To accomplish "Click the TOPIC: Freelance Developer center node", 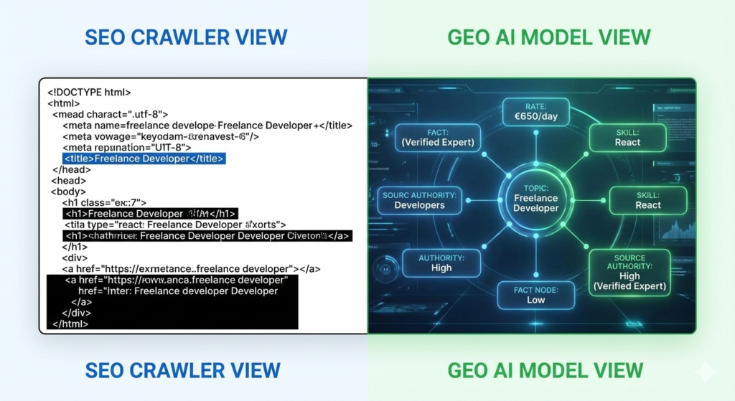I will tap(535, 198).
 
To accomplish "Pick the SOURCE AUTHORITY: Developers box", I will tap(419, 200).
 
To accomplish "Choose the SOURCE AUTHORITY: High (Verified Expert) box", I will tap(629, 272).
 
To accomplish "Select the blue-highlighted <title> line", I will tap(144, 159).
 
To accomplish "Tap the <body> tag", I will tap(68, 192).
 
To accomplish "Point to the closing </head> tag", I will tap(72, 170).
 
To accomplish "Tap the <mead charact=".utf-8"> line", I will tap(111, 114).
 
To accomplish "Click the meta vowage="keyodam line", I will tap(161, 136).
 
